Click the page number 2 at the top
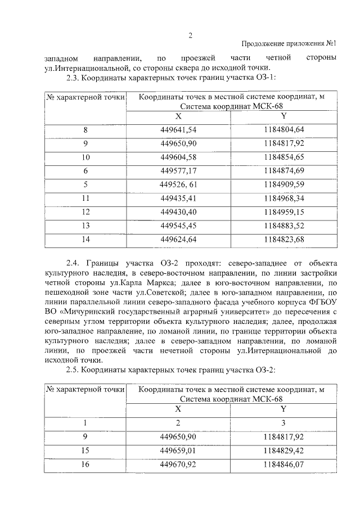pos(190,35)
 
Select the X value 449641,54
pos(178,130)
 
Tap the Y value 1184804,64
pos(283,130)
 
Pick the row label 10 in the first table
pos(85,156)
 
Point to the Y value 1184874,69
pos(283,170)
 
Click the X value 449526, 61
pos(178,183)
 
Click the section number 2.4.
pos(74,263)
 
